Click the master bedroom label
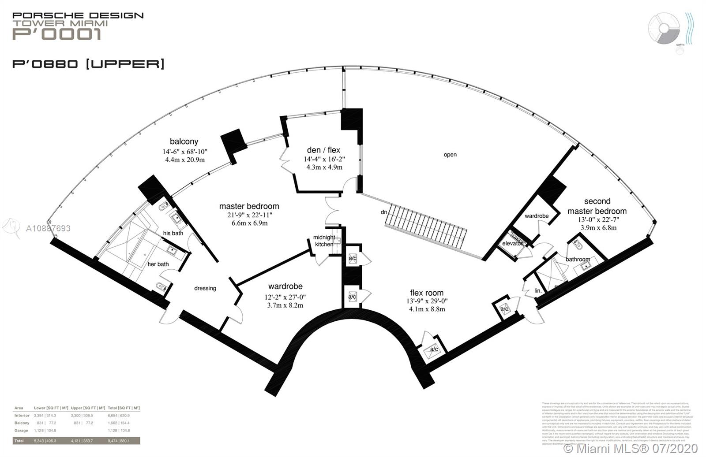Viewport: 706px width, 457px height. pos(249,206)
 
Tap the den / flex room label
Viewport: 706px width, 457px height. pos(323,150)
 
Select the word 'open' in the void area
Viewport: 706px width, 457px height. pos(450,155)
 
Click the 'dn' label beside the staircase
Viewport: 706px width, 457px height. pos(384,212)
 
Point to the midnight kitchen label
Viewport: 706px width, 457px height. pos(324,241)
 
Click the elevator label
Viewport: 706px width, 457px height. pos(512,243)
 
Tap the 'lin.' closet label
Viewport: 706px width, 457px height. pos(537,291)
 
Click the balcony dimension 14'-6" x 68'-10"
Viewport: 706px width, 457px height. pos(184,152)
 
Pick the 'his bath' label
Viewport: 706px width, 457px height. pos(173,233)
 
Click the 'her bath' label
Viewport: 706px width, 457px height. pos(158,264)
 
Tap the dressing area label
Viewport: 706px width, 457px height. pos(205,288)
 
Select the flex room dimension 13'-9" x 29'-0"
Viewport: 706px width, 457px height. pos(427,301)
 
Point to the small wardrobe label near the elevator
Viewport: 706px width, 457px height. pos(537,216)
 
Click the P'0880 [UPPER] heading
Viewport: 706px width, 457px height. pos(88,64)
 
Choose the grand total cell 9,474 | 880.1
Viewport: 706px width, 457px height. pos(124,440)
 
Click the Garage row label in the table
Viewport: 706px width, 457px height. pos(21,431)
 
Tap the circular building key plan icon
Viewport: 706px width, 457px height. pos(665,28)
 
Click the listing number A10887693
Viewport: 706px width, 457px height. pos(48,228)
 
